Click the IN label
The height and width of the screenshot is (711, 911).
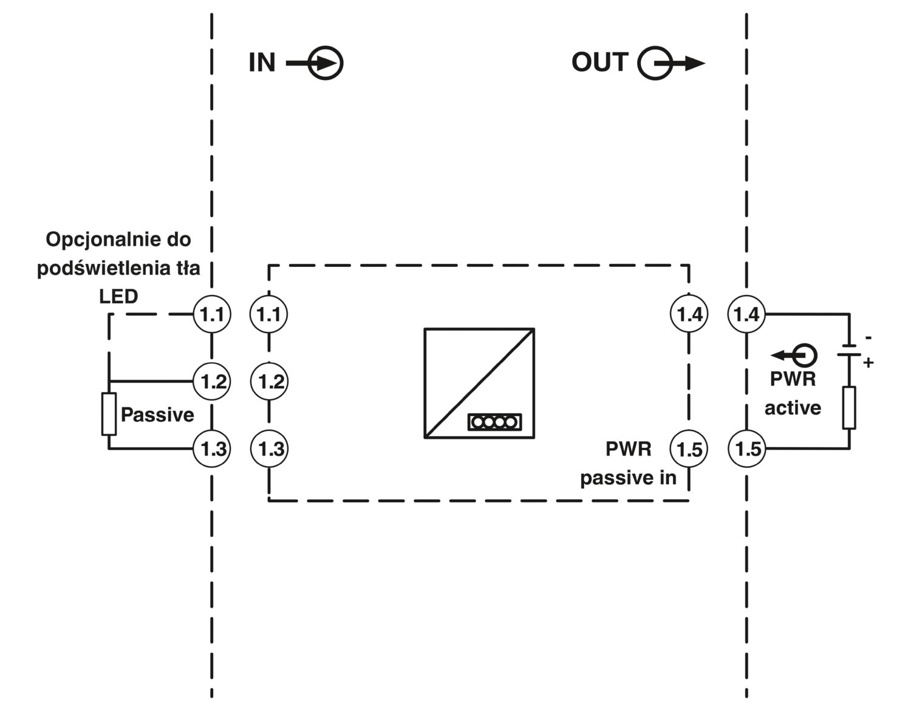262,63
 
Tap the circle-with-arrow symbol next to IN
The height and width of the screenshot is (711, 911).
315,63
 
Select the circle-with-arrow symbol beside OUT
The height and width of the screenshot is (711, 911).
671,63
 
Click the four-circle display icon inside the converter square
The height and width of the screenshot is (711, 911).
495,422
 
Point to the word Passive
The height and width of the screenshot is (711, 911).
158,415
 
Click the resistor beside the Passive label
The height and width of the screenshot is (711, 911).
109,414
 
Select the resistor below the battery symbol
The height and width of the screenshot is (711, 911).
850,408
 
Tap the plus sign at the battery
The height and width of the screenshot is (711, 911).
868,363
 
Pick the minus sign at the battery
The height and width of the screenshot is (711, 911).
868,338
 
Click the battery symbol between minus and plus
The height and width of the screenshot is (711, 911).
850,350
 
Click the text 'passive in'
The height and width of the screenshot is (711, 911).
629,478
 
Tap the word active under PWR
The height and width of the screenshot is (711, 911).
793,408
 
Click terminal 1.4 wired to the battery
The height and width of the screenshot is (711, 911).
746,314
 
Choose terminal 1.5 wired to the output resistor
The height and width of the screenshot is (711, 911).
746,449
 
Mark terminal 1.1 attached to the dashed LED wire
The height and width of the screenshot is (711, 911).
212,314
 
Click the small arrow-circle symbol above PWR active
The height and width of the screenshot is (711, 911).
794,355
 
